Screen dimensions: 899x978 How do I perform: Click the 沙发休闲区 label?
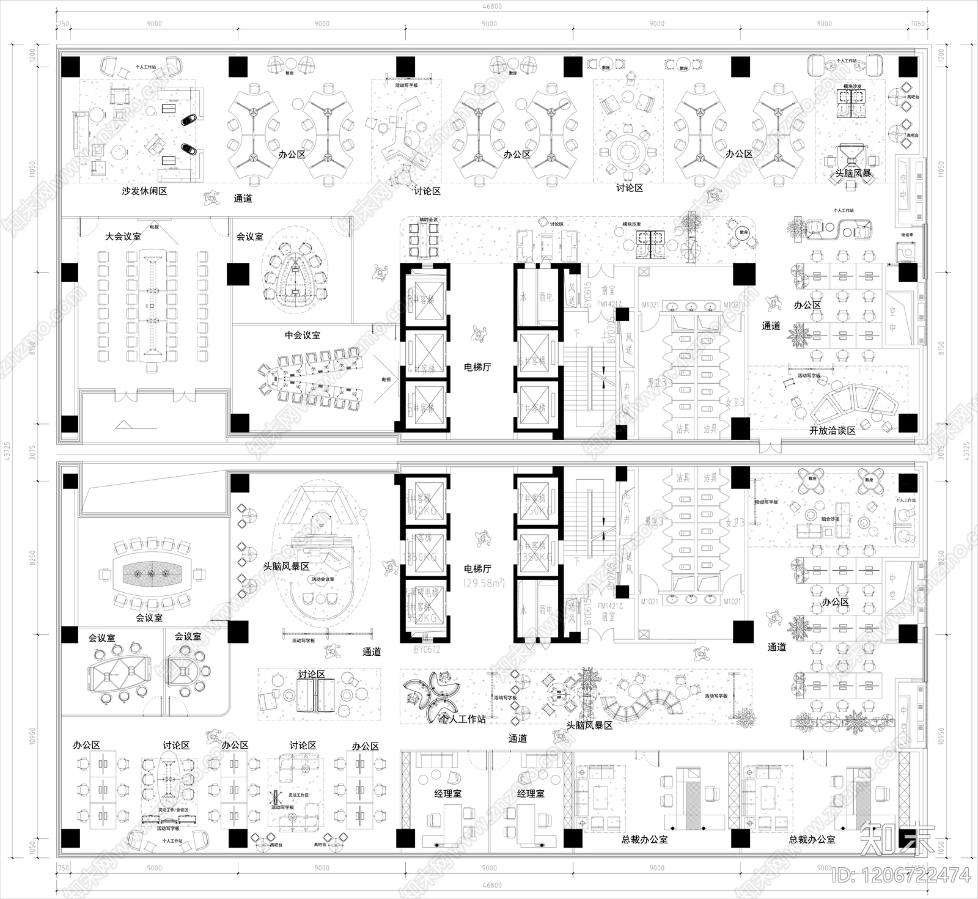click(x=144, y=191)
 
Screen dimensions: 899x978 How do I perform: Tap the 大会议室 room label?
click(x=123, y=236)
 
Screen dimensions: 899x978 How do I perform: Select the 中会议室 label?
click(x=303, y=335)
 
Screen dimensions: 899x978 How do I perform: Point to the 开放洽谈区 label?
click(x=832, y=430)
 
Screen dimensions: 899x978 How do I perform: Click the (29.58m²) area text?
click(x=483, y=583)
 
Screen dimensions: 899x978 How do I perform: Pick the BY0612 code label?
click(x=427, y=650)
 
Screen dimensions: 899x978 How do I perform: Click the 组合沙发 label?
click(x=829, y=519)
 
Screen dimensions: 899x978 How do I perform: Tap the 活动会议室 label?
click(x=323, y=579)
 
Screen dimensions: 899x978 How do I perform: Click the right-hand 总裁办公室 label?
click(x=812, y=840)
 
